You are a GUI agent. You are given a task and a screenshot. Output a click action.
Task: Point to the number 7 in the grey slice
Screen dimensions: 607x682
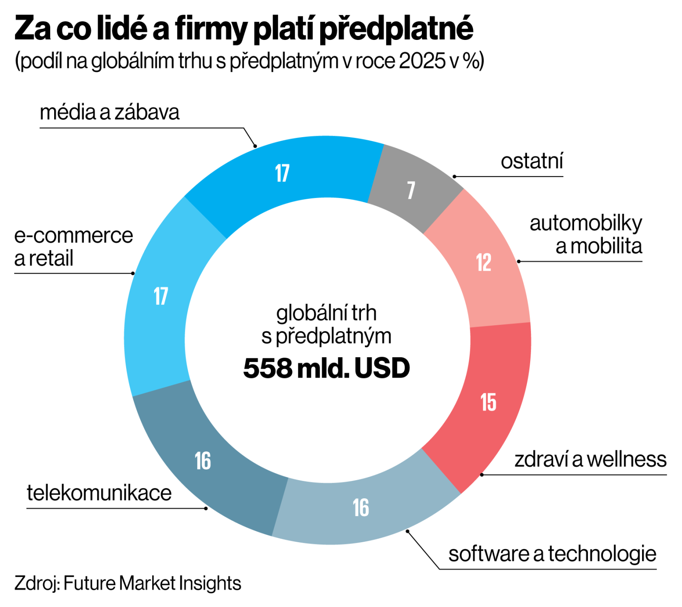pyautogui.click(x=411, y=190)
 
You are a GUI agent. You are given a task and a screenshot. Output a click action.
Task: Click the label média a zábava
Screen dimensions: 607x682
pyautogui.click(x=109, y=112)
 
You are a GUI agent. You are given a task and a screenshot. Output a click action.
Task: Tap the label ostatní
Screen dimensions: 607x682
pyautogui.click(x=531, y=161)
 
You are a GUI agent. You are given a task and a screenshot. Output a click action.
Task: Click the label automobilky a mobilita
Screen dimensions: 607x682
pyautogui.click(x=586, y=235)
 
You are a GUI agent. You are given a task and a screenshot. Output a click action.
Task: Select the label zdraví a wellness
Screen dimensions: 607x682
pyautogui.click(x=590, y=459)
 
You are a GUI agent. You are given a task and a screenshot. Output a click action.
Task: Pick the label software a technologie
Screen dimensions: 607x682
pyautogui.click(x=552, y=554)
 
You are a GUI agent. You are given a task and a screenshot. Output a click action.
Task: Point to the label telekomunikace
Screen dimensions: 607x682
pyautogui.click(x=99, y=493)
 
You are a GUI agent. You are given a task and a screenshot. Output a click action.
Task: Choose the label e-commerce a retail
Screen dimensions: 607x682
pyautogui.click(x=73, y=247)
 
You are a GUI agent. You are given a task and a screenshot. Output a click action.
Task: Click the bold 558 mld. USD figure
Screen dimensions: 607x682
pyautogui.click(x=326, y=368)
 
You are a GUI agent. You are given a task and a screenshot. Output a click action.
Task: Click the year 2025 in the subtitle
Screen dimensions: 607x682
pyautogui.click(x=422, y=61)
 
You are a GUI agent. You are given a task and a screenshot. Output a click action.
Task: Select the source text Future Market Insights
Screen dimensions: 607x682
pyautogui.click(x=152, y=583)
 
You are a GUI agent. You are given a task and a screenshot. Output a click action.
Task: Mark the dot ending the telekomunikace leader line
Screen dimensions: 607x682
pyautogui.click(x=206, y=508)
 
